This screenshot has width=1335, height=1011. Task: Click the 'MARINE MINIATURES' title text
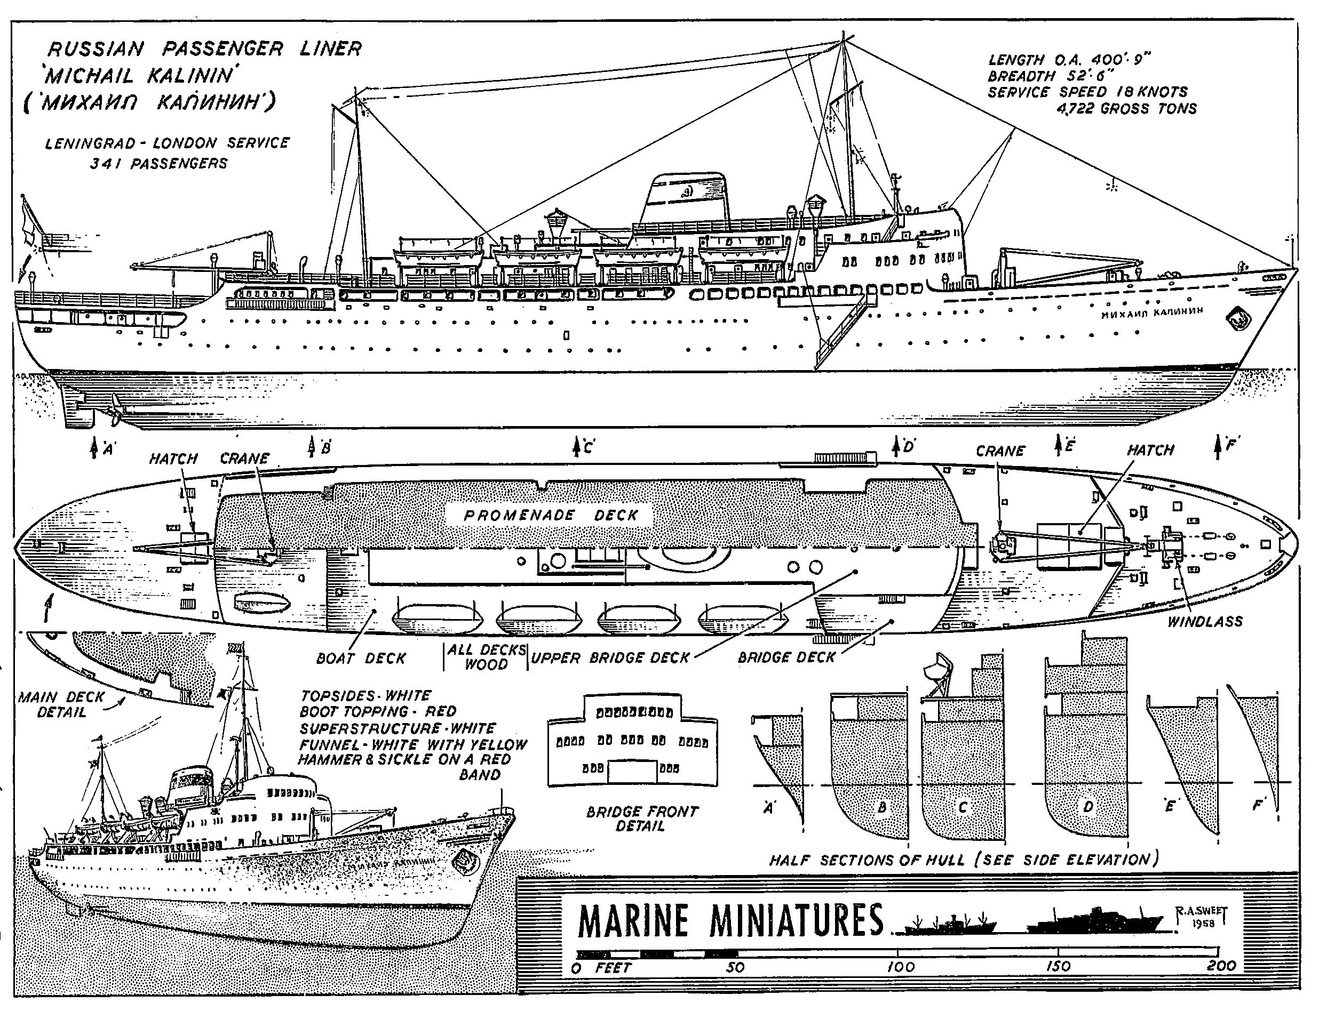coord(730,920)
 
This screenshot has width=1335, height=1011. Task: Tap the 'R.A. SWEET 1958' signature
coord(1202,917)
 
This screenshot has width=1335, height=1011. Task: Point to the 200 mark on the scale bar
coord(1221,966)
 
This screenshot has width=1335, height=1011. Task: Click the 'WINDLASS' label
coord(1205,621)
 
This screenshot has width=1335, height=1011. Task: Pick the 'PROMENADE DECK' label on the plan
coord(551,515)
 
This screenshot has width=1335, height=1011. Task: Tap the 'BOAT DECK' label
coord(361,658)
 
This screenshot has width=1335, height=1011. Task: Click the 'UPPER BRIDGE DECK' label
coord(609,658)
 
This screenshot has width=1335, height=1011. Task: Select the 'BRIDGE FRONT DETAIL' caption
coord(641,819)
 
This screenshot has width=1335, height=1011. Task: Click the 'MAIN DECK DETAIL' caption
coord(61,704)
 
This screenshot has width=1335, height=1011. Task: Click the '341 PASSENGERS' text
coord(158,164)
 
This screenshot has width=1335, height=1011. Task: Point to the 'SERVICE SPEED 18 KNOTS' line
coord(1087,92)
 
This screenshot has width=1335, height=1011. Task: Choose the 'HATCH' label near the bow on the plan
coord(1150,450)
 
